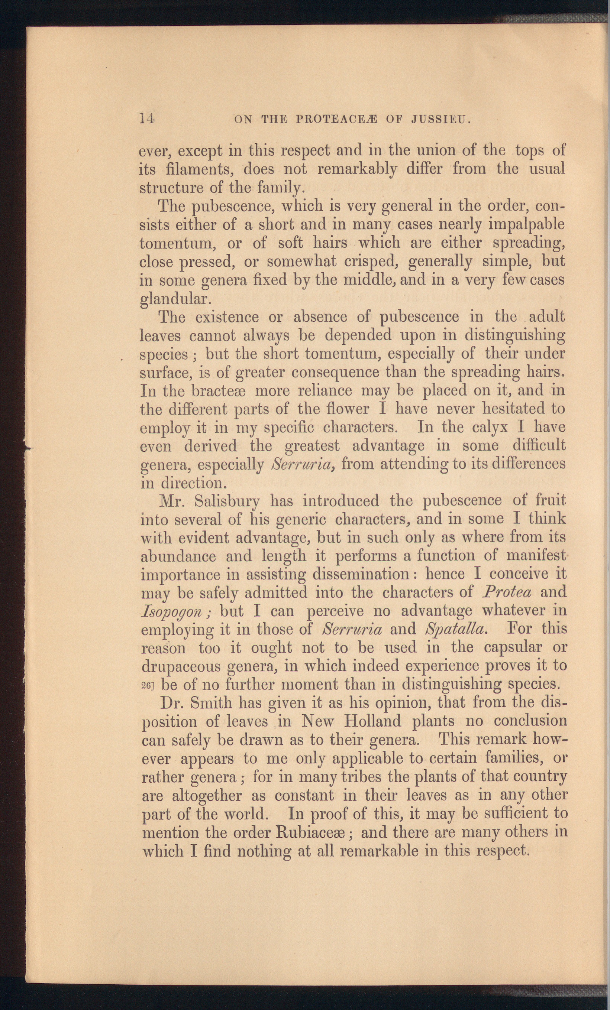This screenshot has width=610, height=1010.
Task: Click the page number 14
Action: click(x=146, y=120)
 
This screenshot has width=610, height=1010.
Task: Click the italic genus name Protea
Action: click(x=507, y=592)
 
